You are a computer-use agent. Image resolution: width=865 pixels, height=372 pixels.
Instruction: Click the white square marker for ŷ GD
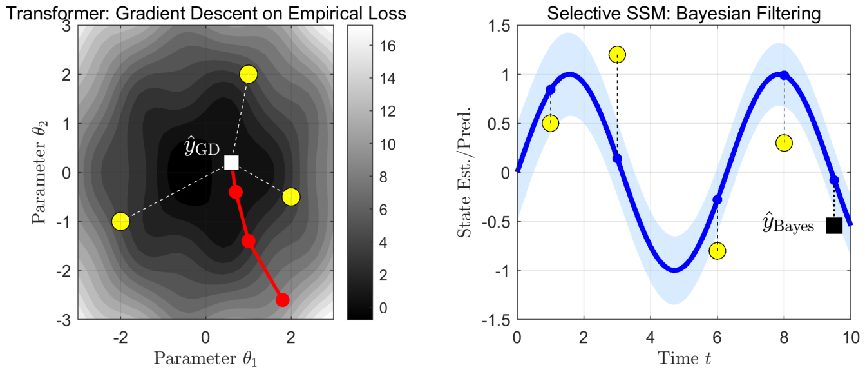coord(231,162)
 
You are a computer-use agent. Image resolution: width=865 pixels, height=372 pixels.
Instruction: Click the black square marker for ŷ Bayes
coord(834,226)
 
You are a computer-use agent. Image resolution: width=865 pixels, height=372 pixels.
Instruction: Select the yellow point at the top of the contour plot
coord(249,74)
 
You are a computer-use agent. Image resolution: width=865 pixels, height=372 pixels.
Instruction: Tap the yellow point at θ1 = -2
coord(120,222)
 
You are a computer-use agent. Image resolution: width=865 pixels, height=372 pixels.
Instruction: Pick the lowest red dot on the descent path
coord(282,300)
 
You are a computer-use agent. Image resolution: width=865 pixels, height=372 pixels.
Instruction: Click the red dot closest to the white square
coord(236,191)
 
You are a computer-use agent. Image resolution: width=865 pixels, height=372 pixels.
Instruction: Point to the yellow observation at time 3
coord(617,55)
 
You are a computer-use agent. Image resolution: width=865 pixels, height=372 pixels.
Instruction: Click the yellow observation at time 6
coord(717,251)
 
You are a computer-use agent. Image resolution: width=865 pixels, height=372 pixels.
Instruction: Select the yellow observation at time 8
coord(784,143)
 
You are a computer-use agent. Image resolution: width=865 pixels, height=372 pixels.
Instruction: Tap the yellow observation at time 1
coord(550,123)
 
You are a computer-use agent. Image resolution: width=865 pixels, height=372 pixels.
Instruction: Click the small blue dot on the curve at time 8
coord(784,75)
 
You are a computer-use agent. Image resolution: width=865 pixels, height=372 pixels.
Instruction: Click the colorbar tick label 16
coord(388,46)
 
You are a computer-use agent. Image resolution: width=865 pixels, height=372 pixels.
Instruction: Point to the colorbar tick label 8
coord(383,177)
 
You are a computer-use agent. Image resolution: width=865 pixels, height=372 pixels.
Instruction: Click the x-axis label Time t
coord(684,358)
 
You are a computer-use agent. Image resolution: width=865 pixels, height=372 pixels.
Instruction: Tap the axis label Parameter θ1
coord(205,358)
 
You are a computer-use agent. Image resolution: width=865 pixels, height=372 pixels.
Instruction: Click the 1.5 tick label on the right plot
coord(499,26)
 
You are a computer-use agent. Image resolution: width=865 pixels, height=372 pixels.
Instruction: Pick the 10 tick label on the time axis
coord(851,338)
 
